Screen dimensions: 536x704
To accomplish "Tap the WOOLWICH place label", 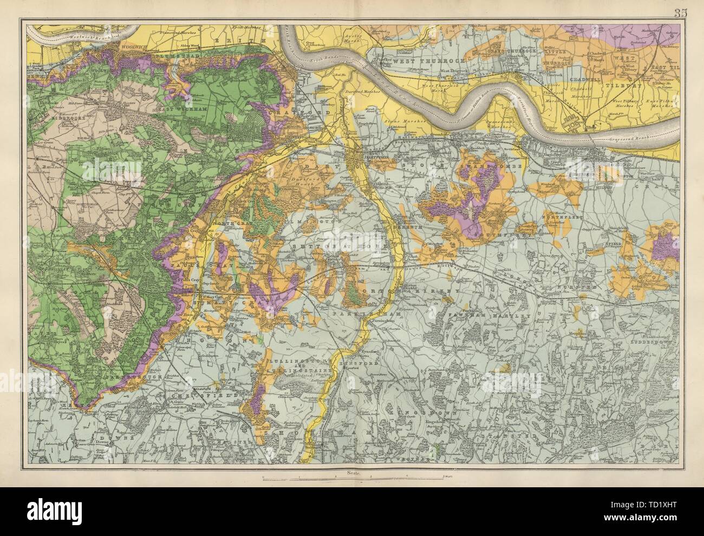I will click(x=122, y=46).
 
